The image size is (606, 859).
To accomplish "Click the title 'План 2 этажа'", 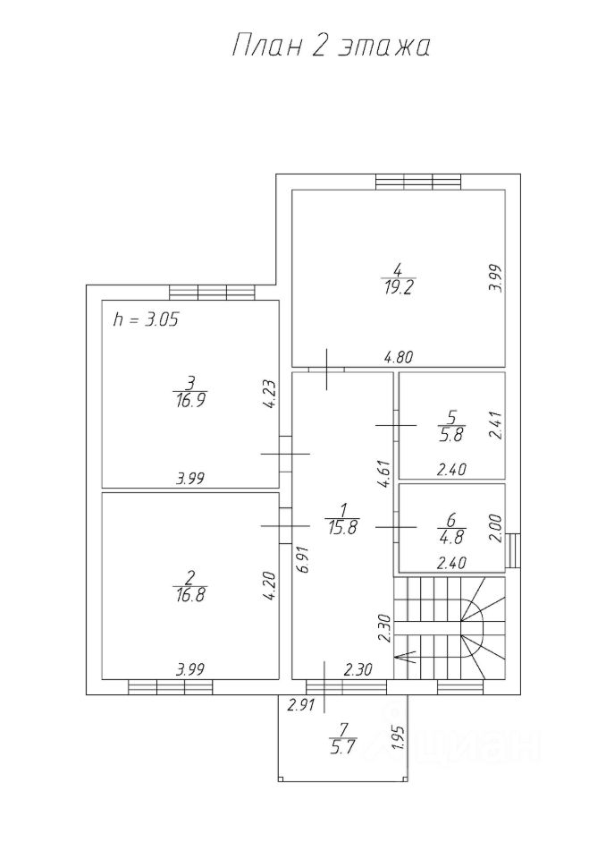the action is pos(331,47).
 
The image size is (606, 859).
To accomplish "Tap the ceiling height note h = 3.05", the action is pos(147,319).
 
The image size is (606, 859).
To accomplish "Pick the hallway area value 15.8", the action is pos(343,528).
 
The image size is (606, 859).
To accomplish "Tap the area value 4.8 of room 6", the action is pos(451,539).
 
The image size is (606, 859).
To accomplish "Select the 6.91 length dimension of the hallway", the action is pos(301,558).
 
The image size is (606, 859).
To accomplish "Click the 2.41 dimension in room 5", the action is pos(497,424).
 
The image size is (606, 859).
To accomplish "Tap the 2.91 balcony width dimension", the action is pos(300,707).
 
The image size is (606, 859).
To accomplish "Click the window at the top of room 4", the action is pos(417,182).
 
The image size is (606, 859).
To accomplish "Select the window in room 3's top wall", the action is pos(212,292).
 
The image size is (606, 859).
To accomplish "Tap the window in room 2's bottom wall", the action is pos(170,687).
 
